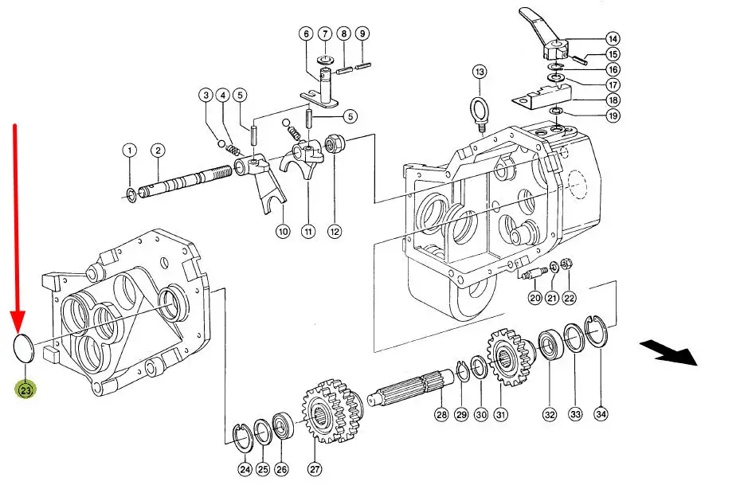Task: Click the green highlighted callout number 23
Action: tap(25, 390)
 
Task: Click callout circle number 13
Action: tap(480, 72)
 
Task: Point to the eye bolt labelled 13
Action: tap(480, 112)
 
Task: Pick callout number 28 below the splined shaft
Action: tap(441, 415)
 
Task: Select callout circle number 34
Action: tap(601, 414)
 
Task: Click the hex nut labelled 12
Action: tap(333, 143)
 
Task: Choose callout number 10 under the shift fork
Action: tap(283, 232)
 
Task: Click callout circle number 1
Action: tap(129, 151)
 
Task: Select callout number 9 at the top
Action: tap(362, 33)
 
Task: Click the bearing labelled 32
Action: tap(550, 347)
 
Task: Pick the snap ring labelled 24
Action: tap(244, 437)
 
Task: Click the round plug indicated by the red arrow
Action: tap(23, 349)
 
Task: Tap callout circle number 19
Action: tap(613, 115)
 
